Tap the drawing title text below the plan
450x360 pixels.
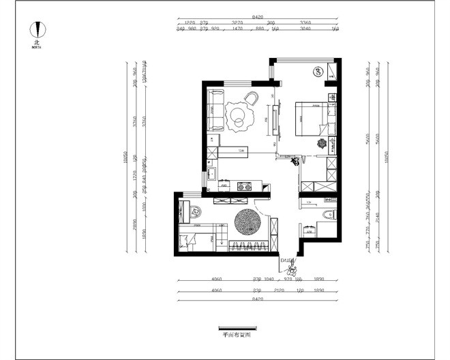point(236,335)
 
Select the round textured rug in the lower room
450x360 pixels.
point(247,222)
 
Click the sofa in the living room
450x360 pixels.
point(216,110)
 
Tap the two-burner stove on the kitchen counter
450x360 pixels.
point(243,185)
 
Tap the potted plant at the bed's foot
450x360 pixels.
point(321,143)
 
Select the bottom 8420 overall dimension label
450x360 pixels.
point(256,299)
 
